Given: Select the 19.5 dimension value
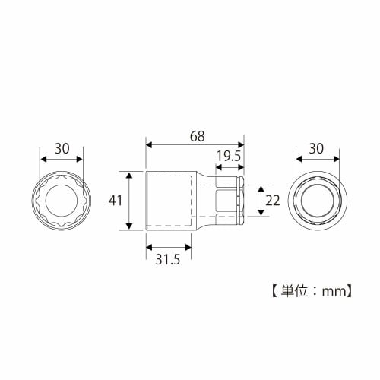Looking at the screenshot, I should (228, 157).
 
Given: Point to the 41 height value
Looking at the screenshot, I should (116, 201).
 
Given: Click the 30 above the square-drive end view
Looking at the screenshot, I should (317, 148).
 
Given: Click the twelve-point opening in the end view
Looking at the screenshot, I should (62, 201).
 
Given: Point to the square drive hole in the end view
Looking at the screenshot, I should (317, 201).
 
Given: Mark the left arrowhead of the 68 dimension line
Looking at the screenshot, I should (149, 144).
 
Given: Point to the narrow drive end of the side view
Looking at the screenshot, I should (228, 201).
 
